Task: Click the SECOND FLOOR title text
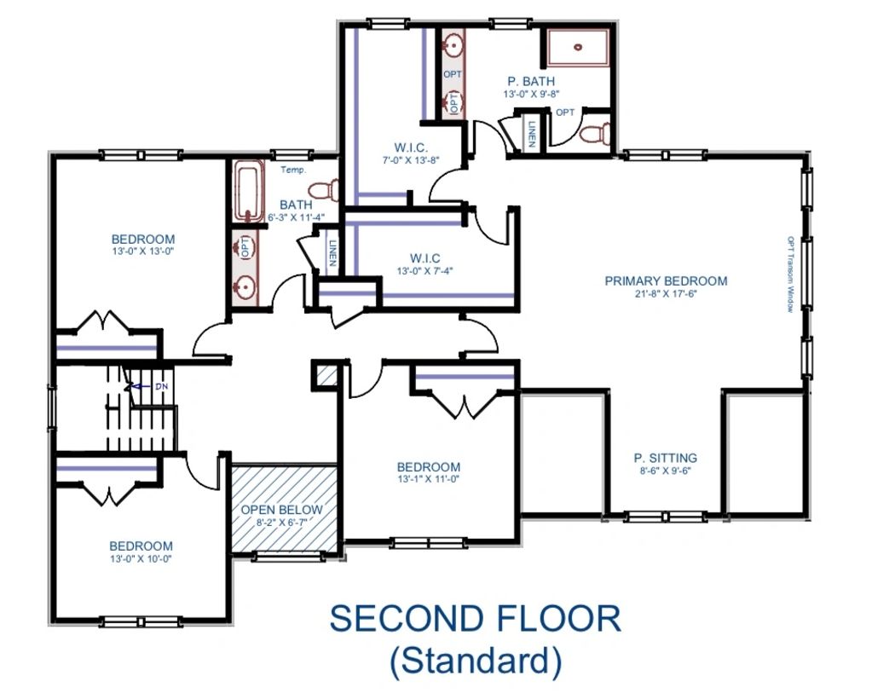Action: (476, 618)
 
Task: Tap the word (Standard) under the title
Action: (476, 661)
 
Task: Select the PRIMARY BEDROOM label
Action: (666, 280)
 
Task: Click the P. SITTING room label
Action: (665, 459)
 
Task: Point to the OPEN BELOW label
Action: (281, 510)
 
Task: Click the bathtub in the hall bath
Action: (248, 191)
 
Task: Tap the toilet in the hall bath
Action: (323, 191)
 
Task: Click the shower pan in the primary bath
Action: (578, 48)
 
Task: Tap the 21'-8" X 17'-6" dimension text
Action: (666, 294)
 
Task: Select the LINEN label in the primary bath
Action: (532, 134)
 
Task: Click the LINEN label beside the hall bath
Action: (332, 252)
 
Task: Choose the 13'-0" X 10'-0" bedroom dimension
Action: (141, 559)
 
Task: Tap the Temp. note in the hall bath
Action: (293, 170)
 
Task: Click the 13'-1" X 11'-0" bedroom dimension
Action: (428, 479)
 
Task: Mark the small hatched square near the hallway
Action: (326, 377)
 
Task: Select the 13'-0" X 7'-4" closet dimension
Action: (425, 271)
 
